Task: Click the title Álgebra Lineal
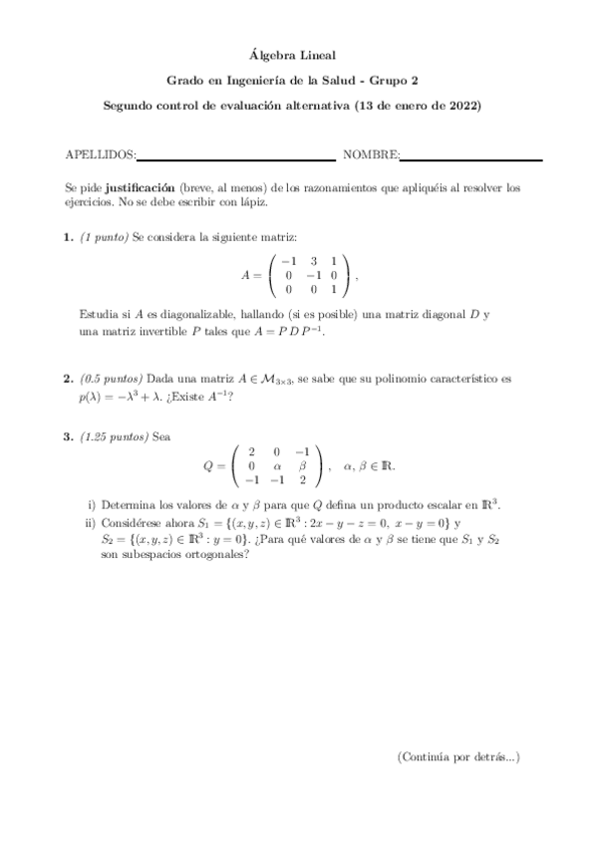pos(298,59)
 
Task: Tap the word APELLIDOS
pos(99,154)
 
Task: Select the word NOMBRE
pos(371,154)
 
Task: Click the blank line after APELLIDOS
pos(235,158)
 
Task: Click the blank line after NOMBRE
pos(471,158)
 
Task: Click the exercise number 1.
pos(68,237)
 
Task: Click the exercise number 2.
pos(68,379)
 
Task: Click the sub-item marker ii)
pos(91,523)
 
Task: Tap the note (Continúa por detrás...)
pos(457,757)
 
